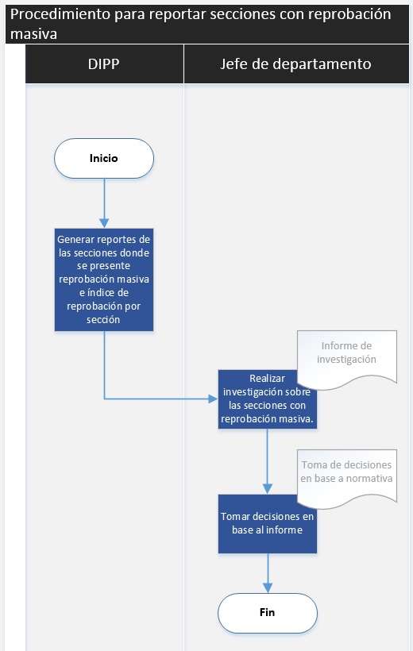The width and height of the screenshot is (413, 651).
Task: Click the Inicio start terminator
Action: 104,158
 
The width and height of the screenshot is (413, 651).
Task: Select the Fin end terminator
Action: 268,613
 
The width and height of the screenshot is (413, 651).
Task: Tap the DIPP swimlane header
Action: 104,64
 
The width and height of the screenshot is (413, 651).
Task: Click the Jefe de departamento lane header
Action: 296,64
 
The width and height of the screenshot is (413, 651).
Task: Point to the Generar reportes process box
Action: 104,279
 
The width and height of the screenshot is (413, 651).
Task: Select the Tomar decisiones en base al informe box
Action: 268,524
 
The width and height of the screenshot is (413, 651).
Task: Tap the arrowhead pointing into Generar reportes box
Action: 104,223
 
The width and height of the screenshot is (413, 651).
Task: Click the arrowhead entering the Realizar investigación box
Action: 213,399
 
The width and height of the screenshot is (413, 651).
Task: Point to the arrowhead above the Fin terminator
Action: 268,587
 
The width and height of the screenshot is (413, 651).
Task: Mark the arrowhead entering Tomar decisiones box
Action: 268,489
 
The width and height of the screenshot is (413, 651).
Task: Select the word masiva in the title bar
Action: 33,34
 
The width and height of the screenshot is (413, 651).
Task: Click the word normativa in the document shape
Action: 369,478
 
